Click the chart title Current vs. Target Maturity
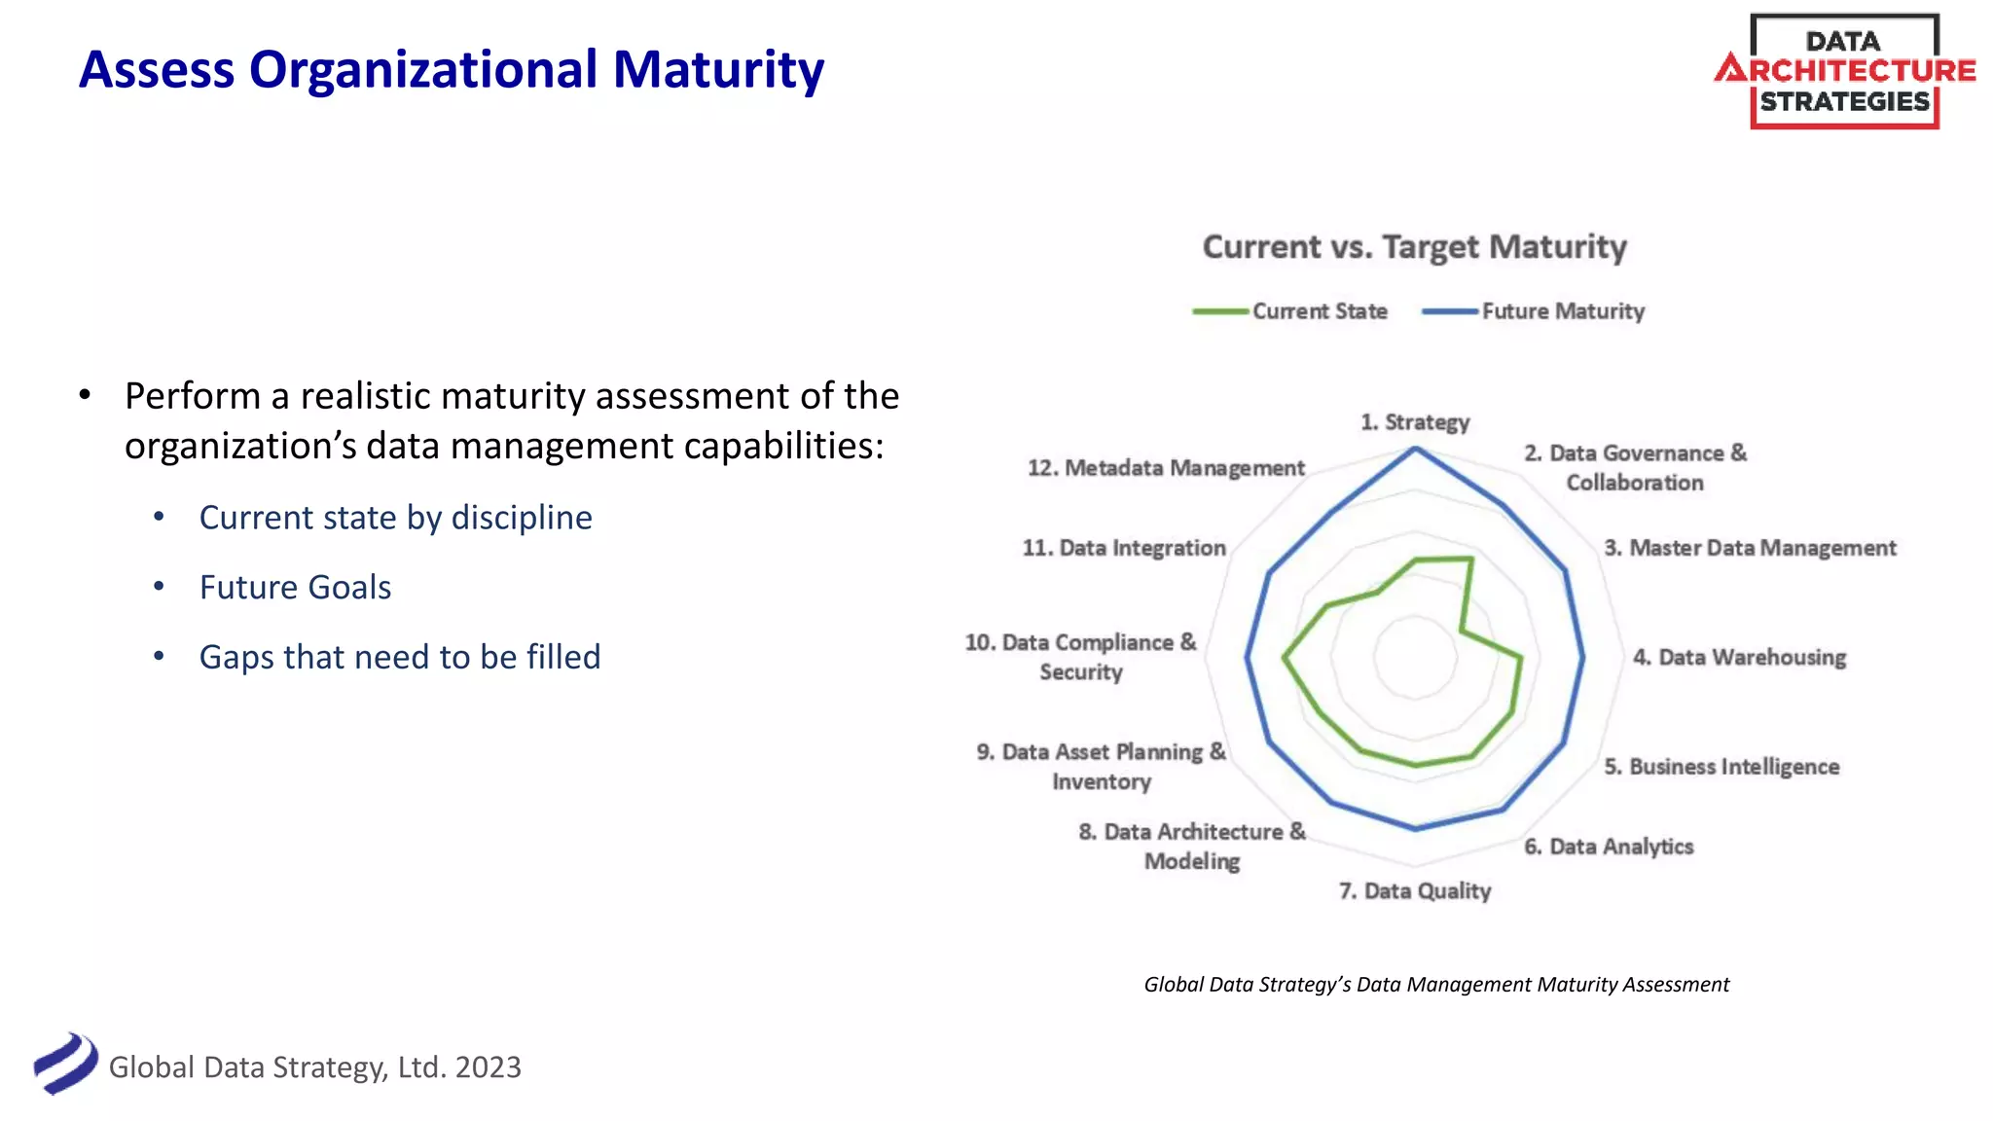tap(1414, 247)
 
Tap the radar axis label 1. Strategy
tap(1415, 422)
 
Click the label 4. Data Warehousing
tap(1739, 658)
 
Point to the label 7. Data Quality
tap(1415, 891)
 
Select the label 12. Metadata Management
tap(1166, 468)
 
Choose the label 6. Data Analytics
tap(1609, 847)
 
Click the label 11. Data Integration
tap(1124, 548)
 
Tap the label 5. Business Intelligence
tap(1721, 767)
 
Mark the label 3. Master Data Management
tap(1750, 548)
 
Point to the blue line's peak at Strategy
tap(1416, 449)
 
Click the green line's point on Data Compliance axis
tap(1285, 658)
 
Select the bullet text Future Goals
tap(295, 588)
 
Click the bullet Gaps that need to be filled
tap(399, 658)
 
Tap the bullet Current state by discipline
tap(395, 518)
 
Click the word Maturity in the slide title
tap(718, 70)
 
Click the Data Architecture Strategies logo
tap(1844, 71)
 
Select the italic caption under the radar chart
tap(1436, 985)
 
